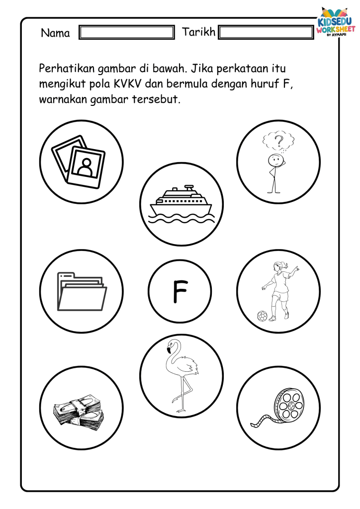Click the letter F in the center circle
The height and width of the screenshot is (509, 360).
click(x=180, y=292)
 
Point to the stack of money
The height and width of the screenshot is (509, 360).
click(x=78, y=412)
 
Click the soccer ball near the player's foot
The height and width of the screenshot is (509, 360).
click(x=262, y=315)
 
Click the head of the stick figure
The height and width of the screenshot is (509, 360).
click(x=273, y=160)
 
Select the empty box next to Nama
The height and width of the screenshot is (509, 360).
click(x=127, y=33)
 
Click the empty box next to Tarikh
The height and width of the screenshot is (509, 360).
click(x=267, y=33)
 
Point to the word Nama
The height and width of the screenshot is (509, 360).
click(x=55, y=33)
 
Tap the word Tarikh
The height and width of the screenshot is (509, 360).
click(x=199, y=32)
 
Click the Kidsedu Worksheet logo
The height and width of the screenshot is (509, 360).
click(x=337, y=23)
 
